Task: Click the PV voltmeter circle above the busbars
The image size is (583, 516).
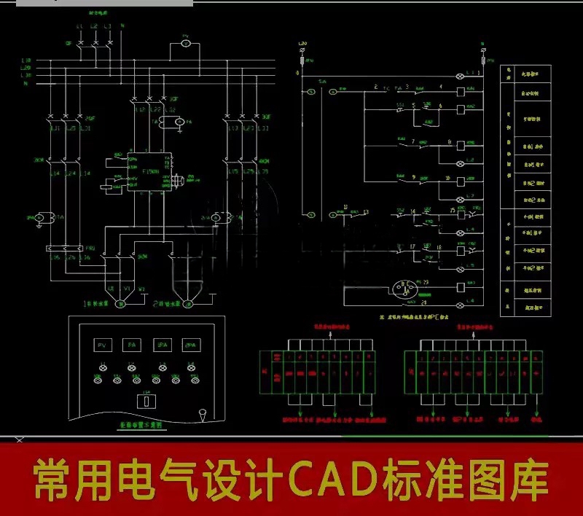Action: click(185, 44)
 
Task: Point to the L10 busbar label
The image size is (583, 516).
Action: click(26, 60)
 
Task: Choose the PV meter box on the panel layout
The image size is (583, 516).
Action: click(103, 345)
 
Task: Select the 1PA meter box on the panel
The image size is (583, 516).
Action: click(163, 345)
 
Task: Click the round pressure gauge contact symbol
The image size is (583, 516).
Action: click(403, 289)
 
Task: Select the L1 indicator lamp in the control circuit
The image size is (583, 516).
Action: click(460, 77)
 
